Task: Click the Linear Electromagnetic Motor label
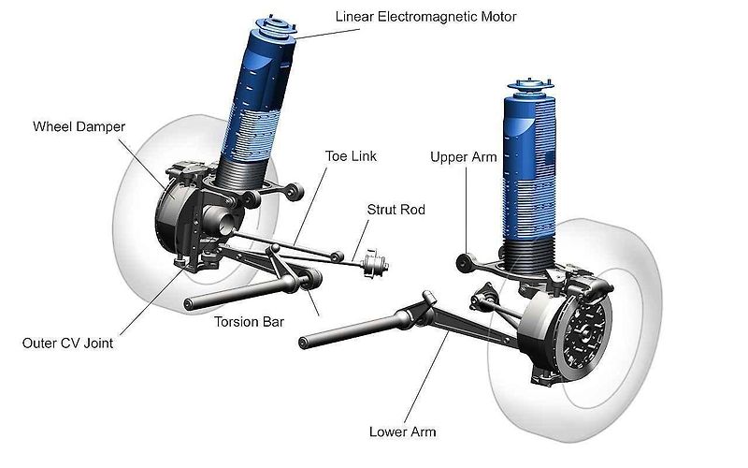425,17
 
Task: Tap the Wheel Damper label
79,126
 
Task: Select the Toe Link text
351,156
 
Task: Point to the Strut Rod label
396,210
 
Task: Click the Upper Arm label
463,157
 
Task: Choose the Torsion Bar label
249,322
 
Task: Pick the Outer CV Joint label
67,343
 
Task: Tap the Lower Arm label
402,431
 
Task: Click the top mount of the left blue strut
276,26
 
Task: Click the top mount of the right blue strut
529,86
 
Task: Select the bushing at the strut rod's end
375,264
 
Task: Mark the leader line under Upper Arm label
466,210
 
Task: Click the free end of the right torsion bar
302,343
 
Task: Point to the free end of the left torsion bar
189,304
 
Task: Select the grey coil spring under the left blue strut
240,172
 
